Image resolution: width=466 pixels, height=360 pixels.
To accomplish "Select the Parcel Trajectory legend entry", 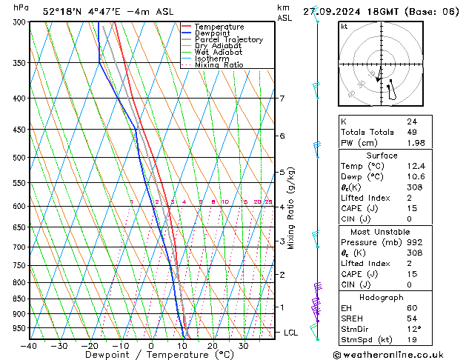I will point(228,40).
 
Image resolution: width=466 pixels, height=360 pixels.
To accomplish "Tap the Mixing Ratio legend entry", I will point(219,65).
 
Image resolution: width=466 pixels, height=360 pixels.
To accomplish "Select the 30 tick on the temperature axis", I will point(243,346).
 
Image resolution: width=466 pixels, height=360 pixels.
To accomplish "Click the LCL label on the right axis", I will point(291,333).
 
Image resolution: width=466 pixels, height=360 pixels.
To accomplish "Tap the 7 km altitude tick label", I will point(282,99).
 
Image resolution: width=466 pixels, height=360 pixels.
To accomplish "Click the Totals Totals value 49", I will point(412,132).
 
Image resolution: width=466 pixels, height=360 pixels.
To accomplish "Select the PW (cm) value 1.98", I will point(415,143).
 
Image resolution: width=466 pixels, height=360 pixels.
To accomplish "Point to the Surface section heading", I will point(382,156).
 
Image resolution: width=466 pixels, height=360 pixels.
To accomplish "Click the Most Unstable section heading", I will point(382,231).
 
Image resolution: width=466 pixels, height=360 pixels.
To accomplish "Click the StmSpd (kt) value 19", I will point(412,340).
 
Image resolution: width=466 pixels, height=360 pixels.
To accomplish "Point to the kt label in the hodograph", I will point(344,26).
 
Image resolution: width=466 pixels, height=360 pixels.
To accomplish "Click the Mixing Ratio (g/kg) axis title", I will point(291,208).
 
